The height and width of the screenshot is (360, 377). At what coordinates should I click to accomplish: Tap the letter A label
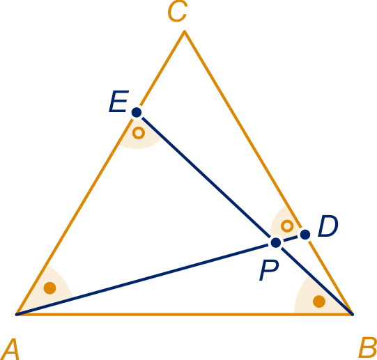[x=10, y=349]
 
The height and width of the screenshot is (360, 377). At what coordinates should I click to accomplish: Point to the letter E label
[x=118, y=101]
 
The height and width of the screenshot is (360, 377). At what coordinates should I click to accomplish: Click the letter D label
[x=328, y=226]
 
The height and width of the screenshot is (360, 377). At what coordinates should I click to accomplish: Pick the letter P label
[x=269, y=270]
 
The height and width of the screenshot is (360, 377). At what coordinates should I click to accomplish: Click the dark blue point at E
[x=137, y=112]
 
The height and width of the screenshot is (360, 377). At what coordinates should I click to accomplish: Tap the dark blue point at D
[x=305, y=234]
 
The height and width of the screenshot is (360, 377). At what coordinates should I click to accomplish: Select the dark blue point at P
[x=276, y=242]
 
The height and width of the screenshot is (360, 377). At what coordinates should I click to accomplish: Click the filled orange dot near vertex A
[x=49, y=288]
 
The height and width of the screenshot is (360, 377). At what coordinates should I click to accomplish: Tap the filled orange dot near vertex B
[x=319, y=302]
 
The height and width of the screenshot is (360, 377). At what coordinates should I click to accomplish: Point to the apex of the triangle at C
[x=185, y=31]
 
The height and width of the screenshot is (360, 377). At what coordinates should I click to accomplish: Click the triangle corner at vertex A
[x=16, y=314]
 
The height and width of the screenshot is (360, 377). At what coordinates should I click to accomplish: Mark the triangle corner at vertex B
[x=353, y=314]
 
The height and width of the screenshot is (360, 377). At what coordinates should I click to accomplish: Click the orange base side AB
[x=185, y=314]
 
